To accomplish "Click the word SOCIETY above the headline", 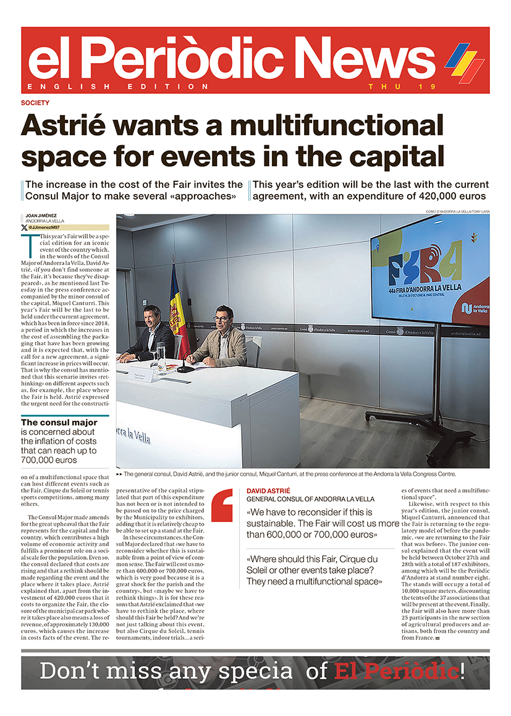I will (x=35, y=103).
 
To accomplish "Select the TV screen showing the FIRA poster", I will (x=435, y=269).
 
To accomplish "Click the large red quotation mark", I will (x=222, y=505).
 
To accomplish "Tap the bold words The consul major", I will (x=59, y=423).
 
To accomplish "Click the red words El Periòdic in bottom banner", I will (x=395, y=671).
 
